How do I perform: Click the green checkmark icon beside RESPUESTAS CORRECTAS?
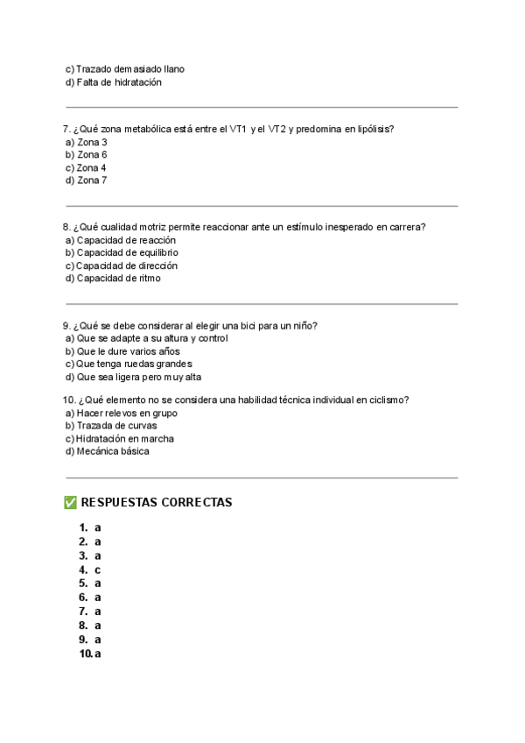pyautogui.click(x=71, y=503)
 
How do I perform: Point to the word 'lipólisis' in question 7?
pyautogui.click(x=374, y=129)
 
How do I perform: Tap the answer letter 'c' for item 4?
pyautogui.click(x=98, y=570)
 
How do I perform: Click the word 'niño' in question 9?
pyautogui.click(x=304, y=325)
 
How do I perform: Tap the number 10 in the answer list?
pyautogui.click(x=86, y=654)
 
